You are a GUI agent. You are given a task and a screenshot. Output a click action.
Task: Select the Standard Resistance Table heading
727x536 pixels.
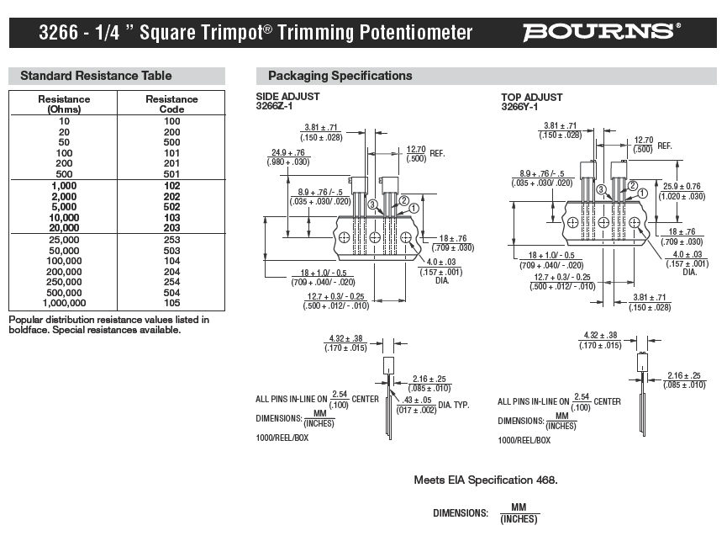coord(96,76)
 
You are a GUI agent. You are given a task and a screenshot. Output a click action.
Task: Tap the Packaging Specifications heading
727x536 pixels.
coord(340,76)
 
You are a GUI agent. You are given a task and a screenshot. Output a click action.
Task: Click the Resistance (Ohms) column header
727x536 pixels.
coord(64,103)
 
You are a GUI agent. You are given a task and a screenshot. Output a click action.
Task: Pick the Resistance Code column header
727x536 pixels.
coord(171,103)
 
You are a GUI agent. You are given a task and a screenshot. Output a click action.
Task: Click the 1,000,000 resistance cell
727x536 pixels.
coord(64,303)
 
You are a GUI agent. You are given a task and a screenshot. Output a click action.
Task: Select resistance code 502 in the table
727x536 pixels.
coord(171,206)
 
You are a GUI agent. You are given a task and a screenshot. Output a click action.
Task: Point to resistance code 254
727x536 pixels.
coord(171,282)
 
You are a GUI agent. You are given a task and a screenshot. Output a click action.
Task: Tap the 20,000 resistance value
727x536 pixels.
coord(64,227)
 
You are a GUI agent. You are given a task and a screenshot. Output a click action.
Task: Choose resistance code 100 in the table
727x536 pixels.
coord(171,121)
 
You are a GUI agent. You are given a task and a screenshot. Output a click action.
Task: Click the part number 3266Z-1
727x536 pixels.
coord(274,107)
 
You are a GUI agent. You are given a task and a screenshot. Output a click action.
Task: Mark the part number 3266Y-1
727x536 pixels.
coord(519,107)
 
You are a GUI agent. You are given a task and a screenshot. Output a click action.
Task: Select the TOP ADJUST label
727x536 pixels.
coord(532,98)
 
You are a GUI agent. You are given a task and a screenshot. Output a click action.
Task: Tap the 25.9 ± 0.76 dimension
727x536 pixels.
coord(682,186)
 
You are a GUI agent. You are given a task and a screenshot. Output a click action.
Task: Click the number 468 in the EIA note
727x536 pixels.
coord(545,480)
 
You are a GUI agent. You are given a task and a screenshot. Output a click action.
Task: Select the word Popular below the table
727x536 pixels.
coord(28,320)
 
